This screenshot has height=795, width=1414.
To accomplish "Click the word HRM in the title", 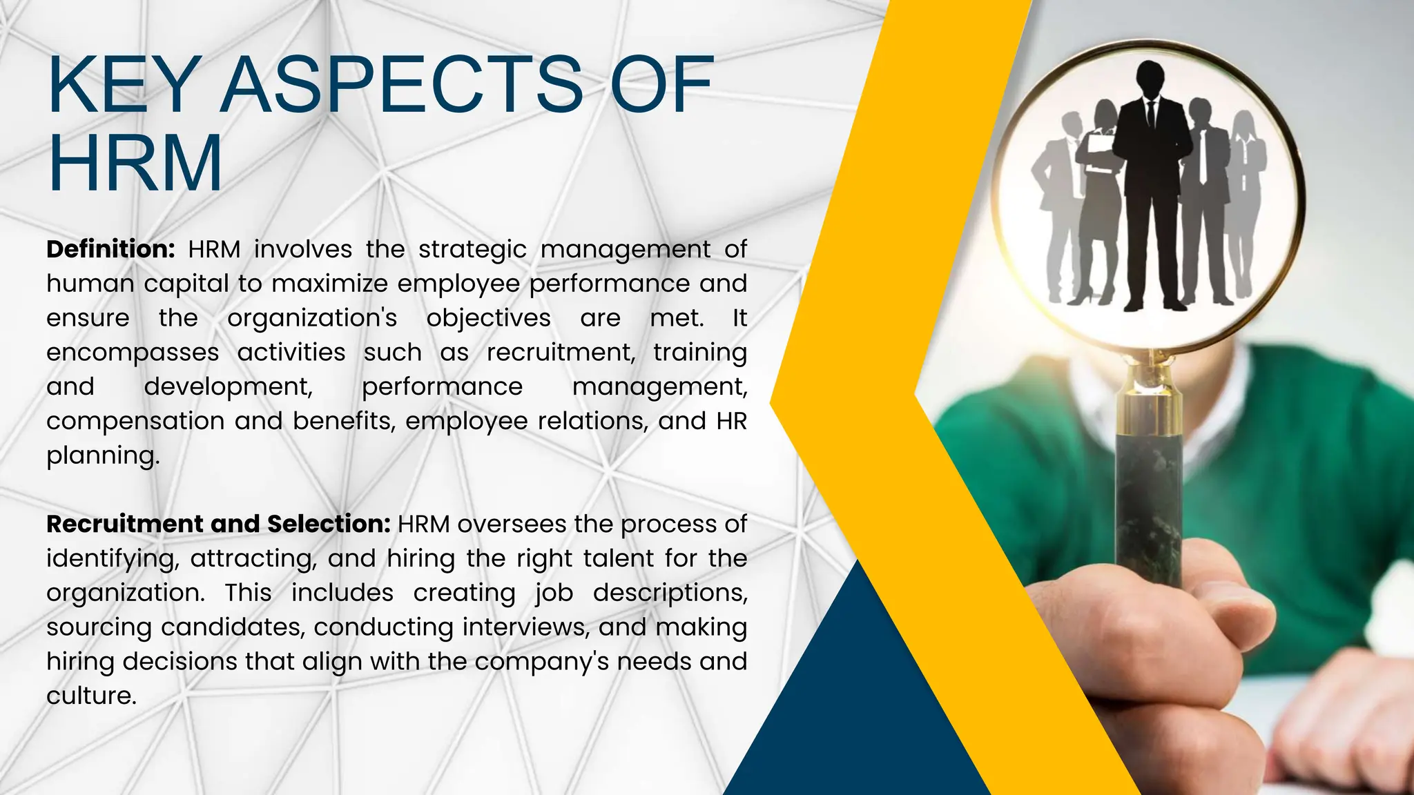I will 135,164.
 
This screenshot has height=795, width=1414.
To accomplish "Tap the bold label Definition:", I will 110,249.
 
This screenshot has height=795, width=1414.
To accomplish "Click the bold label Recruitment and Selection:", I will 218,524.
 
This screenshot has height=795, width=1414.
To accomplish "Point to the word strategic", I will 472,249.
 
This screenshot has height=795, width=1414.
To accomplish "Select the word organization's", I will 312,318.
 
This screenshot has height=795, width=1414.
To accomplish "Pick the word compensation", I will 135,421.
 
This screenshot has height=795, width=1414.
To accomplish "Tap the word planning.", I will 102,456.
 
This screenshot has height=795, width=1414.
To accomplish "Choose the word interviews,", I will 525,627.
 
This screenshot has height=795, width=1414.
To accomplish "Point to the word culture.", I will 91,696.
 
